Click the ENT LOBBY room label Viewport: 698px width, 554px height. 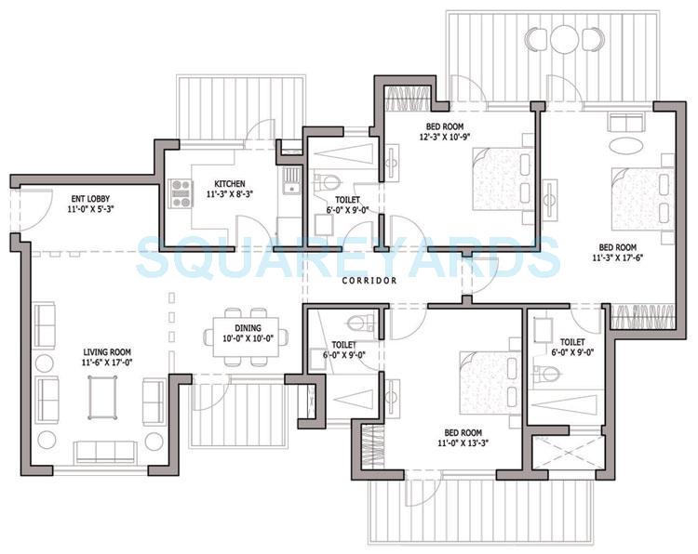pyautogui.click(x=87, y=198)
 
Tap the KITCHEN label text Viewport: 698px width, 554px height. pyautogui.click(x=229, y=183)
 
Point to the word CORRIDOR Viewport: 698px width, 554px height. pyautogui.click(x=369, y=280)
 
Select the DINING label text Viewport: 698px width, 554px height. pyautogui.click(x=248, y=328)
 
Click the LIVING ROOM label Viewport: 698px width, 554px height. pyautogui.click(x=104, y=351)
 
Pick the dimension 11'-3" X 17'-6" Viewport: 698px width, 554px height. pyautogui.click(x=622, y=259)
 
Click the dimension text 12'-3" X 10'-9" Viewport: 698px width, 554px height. pyautogui.click(x=445, y=138)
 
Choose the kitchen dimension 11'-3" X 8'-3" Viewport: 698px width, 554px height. pyautogui.click(x=229, y=195)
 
